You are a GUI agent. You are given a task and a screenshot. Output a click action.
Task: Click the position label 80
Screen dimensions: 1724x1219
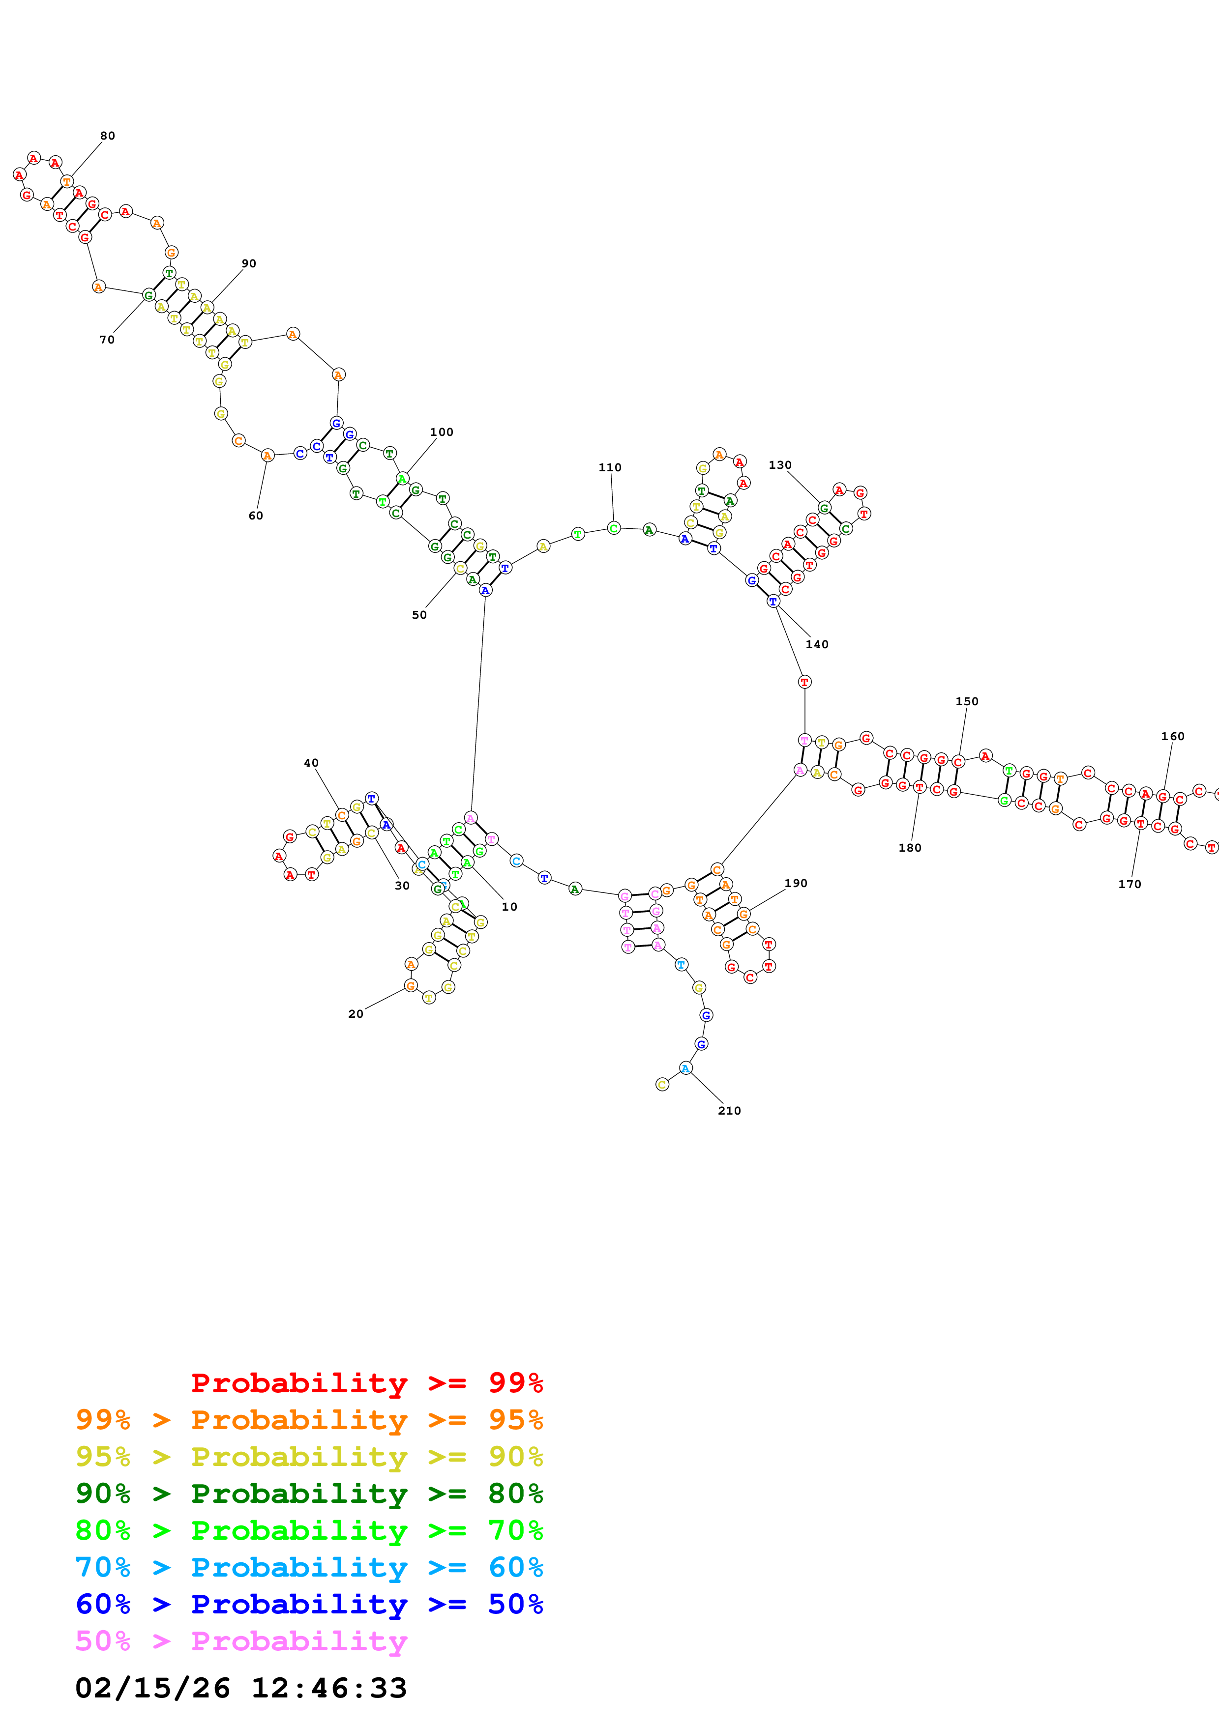coord(107,136)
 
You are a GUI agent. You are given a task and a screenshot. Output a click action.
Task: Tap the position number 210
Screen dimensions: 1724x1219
coord(729,1111)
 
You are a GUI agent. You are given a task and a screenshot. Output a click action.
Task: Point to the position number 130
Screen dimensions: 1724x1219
coord(779,465)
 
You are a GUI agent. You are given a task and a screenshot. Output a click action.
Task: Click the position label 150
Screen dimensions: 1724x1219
coord(967,701)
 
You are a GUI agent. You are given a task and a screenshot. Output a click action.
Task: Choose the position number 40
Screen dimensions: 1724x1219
coord(311,763)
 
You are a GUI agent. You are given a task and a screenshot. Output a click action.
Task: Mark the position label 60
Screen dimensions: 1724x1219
coord(255,516)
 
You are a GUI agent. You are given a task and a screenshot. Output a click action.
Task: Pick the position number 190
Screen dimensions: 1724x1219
coord(796,883)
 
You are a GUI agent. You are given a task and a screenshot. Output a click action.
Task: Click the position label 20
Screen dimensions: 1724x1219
coord(355,1014)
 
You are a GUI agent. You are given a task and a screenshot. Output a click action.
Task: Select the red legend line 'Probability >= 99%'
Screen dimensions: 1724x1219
coord(366,1382)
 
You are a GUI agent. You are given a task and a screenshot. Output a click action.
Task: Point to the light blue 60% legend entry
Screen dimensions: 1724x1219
coord(309,1567)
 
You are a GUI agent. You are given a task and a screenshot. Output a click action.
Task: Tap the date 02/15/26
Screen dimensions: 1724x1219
coord(152,1688)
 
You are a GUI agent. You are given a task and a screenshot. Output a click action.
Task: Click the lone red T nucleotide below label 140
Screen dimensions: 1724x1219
coord(804,682)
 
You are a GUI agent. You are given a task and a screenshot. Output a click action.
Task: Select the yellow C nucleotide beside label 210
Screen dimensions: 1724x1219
coord(662,1084)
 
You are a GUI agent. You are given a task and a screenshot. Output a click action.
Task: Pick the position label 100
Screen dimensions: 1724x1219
coord(441,432)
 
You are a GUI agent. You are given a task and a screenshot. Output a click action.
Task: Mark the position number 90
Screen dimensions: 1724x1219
coord(249,263)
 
